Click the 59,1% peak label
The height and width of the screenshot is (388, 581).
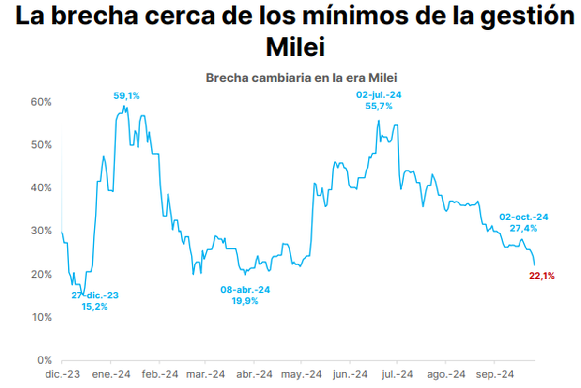click(126, 96)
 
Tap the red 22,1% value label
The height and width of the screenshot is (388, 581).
click(542, 276)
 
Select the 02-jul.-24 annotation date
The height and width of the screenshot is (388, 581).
click(379, 95)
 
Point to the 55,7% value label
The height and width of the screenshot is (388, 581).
click(379, 106)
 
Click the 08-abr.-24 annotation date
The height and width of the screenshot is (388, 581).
click(245, 290)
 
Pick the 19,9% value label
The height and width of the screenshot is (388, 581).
click(245, 301)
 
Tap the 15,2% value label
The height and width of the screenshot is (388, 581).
click(95, 307)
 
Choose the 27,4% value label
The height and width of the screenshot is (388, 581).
click(523, 228)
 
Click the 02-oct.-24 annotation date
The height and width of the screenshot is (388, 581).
click(524, 217)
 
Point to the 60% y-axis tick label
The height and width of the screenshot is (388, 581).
click(41, 102)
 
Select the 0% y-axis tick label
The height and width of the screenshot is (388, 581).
click(45, 360)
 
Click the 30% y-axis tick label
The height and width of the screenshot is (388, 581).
click(41, 231)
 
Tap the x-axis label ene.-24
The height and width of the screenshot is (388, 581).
click(111, 374)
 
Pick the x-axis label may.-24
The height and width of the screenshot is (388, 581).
click(301, 374)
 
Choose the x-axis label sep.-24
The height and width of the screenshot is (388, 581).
click(495, 374)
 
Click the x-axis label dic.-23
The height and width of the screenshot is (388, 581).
click(62, 374)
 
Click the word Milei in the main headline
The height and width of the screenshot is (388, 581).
click(295, 47)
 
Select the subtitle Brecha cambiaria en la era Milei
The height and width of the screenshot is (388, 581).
click(301, 78)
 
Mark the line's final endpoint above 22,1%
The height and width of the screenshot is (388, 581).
click(535, 265)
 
